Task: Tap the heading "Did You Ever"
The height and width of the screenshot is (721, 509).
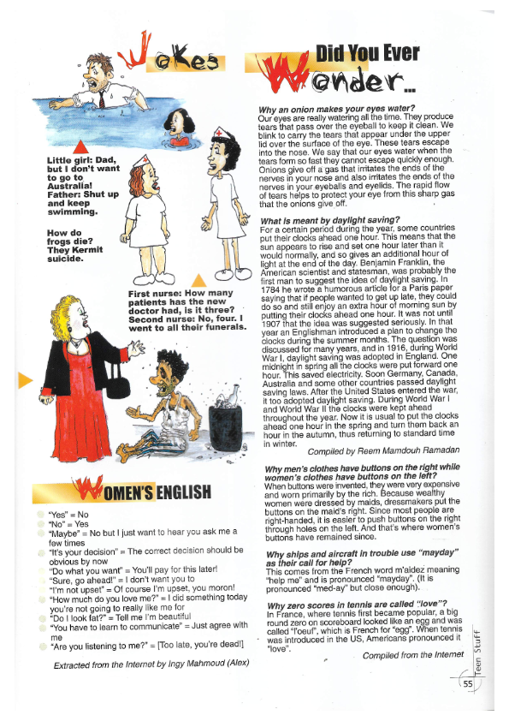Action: pos(367,55)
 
